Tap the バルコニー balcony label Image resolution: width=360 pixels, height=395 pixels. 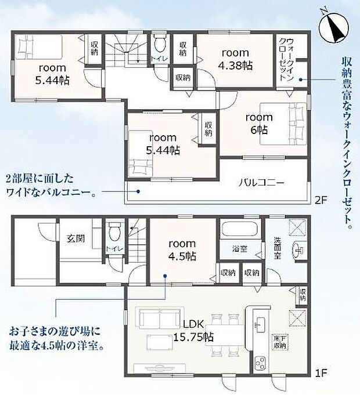pyautogui.click(x=261, y=182)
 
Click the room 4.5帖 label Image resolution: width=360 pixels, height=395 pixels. pyautogui.click(x=182, y=250)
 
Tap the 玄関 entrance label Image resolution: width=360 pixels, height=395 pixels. pyautogui.click(x=75, y=237)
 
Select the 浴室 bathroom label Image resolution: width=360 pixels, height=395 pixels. pyautogui.click(x=240, y=249)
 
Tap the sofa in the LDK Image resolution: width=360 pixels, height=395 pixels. pyautogui.click(x=155, y=317)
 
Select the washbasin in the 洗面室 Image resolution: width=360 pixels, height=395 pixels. pyautogui.click(x=297, y=251)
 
